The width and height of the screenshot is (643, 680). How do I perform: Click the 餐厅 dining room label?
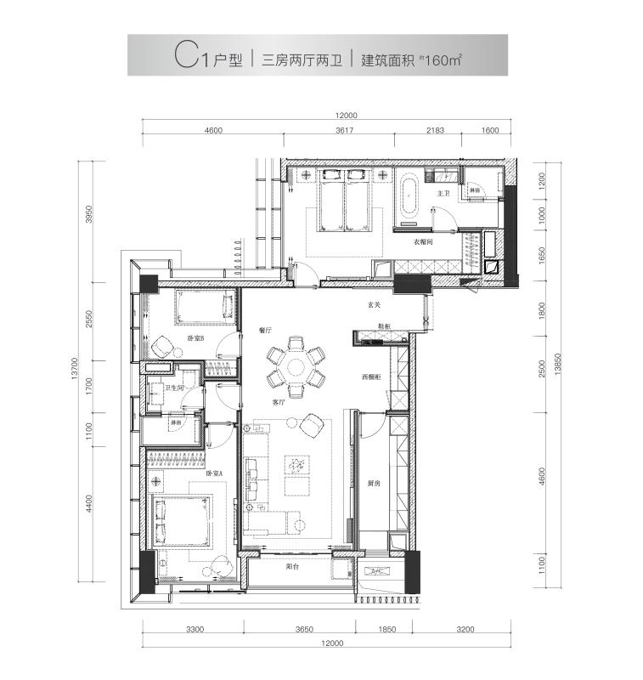(263, 330)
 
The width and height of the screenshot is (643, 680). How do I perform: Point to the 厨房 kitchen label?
(374, 484)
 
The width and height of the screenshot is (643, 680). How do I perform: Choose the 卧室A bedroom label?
(215, 473)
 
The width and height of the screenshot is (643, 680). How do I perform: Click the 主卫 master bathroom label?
(443, 194)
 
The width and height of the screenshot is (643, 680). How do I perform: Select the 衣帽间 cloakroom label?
(424, 242)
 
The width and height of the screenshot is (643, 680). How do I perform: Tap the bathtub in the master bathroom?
(409, 198)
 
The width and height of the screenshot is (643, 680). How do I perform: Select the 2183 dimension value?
(433, 131)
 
